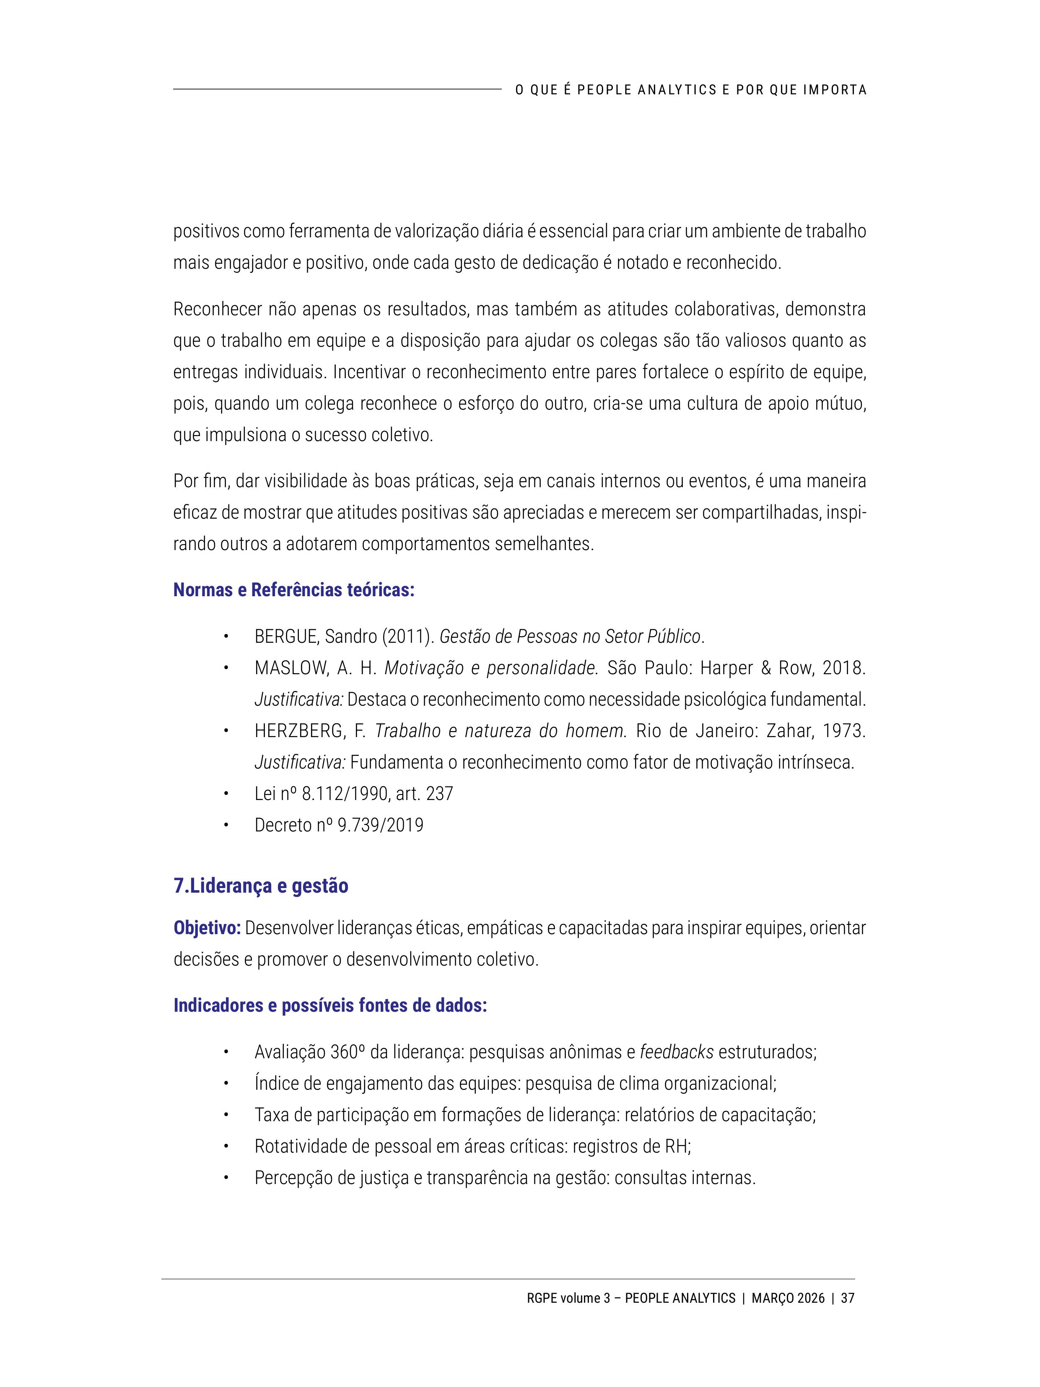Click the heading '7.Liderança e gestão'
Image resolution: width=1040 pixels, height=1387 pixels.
click(x=261, y=886)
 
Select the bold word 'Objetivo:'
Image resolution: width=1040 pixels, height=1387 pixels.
click(x=207, y=928)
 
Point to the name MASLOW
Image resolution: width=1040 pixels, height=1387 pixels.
click(x=291, y=668)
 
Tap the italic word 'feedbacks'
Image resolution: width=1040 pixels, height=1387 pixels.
click(x=677, y=1052)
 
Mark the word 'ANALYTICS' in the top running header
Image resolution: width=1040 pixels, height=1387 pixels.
click(x=677, y=90)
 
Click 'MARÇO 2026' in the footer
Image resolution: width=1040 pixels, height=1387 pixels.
click(x=788, y=1298)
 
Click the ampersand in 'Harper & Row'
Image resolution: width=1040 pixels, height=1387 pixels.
click(x=766, y=668)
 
